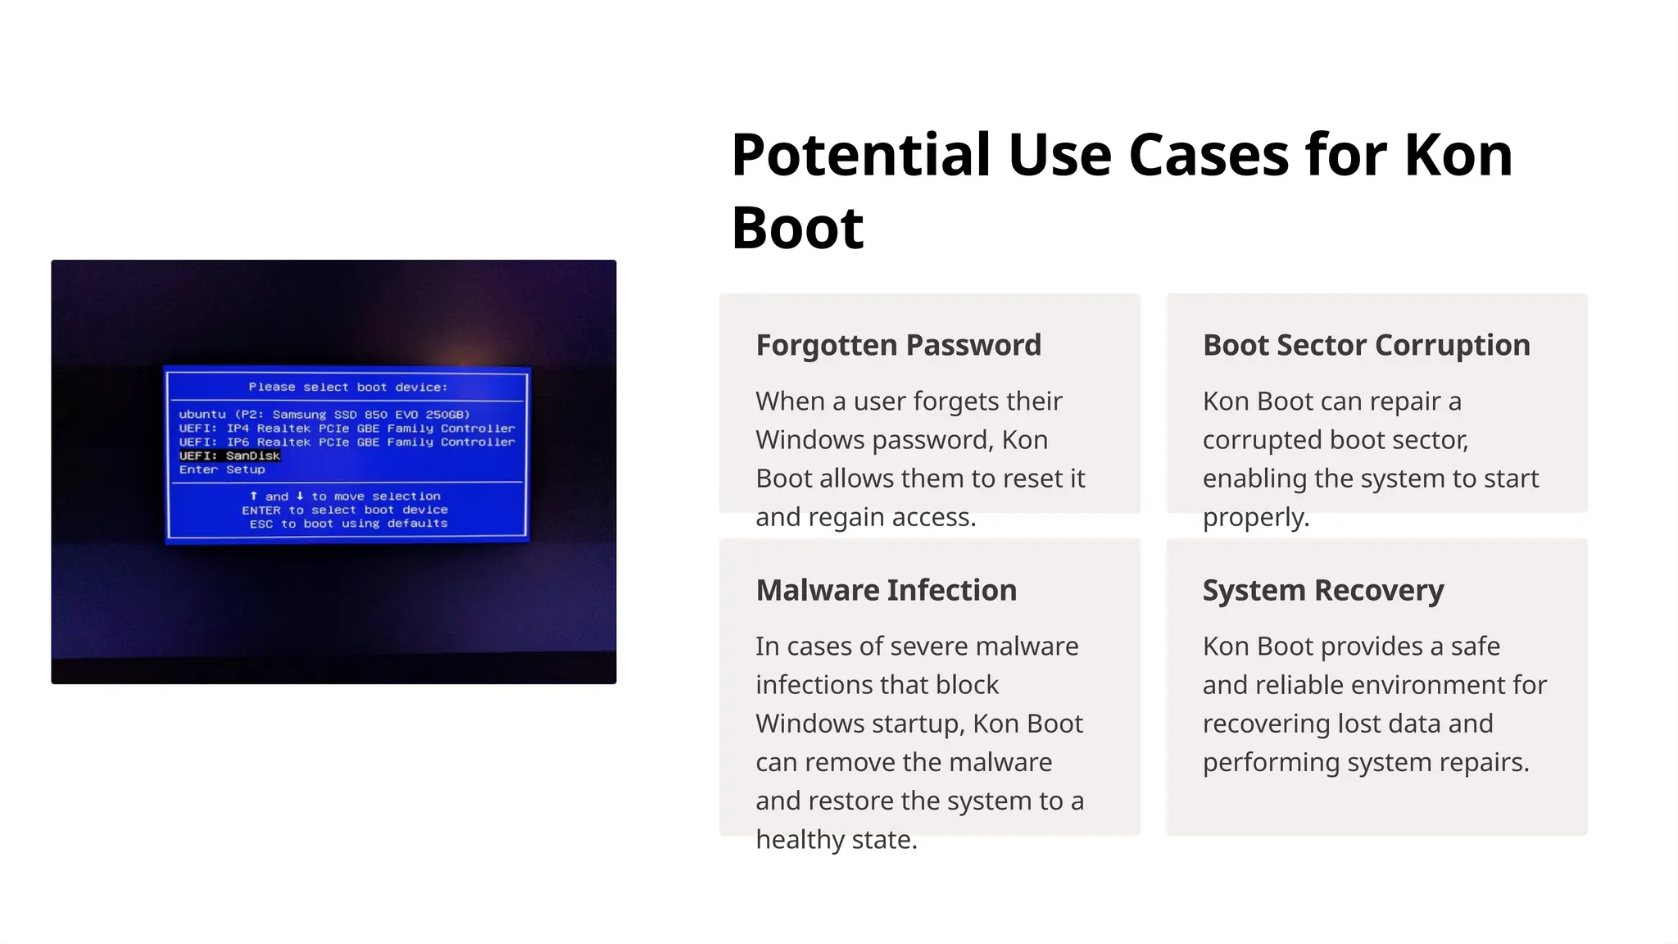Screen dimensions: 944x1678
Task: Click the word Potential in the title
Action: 860,155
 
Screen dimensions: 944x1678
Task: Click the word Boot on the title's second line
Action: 797,228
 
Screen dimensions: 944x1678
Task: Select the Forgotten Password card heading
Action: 898,345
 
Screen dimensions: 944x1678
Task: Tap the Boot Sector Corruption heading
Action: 1366,345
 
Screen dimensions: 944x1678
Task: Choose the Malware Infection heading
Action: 886,590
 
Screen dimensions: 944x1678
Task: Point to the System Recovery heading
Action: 1322,590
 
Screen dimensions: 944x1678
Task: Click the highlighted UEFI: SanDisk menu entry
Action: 230,456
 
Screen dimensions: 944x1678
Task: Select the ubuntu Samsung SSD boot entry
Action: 324,415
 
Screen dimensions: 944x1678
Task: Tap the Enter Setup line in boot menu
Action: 222,470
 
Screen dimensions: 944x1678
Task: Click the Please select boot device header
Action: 348,387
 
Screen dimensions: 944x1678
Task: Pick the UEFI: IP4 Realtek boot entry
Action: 347,429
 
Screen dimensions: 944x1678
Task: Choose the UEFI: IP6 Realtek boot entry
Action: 347,442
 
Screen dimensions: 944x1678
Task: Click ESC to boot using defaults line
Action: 348,524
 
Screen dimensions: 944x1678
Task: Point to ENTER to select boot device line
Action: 345,510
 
